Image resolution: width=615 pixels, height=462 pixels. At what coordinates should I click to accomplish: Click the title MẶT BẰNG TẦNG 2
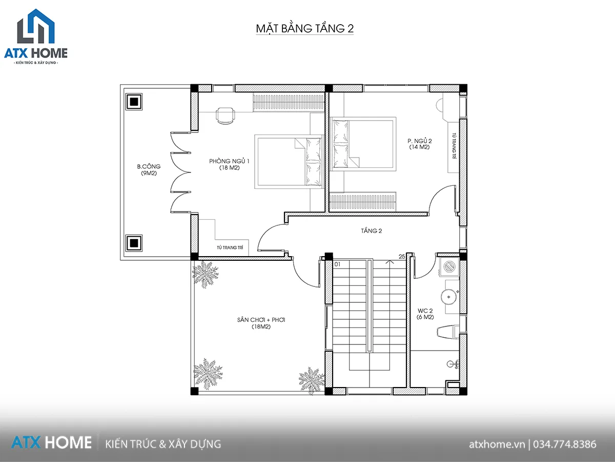pyautogui.click(x=305, y=29)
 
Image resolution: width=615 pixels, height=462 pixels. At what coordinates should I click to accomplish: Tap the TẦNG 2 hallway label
pyautogui.click(x=372, y=231)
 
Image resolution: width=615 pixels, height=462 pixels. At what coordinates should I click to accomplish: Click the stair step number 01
pyautogui.click(x=337, y=264)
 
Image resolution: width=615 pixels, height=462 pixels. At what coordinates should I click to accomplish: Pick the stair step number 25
pyautogui.click(x=402, y=256)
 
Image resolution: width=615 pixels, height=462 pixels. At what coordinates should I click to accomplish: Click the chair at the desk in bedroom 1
pyautogui.click(x=225, y=115)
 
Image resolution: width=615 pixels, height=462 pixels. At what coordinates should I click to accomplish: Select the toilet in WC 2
pyautogui.click(x=448, y=332)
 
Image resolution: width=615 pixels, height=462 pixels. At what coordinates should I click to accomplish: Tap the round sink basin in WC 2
pyautogui.click(x=449, y=297)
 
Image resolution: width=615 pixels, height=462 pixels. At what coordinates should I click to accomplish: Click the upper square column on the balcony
pyautogui.click(x=134, y=102)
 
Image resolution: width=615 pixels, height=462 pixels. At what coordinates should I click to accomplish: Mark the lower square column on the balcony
pyautogui.click(x=134, y=243)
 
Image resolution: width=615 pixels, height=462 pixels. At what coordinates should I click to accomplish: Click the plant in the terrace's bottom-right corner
pyautogui.click(x=311, y=380)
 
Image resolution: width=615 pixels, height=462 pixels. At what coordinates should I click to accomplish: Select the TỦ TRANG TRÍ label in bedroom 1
pyautogui.click(x=230, y=247)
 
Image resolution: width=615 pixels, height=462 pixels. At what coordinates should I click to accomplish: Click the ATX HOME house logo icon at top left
pyautogui.click(x=36, y=26)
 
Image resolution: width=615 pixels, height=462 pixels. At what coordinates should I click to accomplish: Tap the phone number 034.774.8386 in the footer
pyautogui.click(x=565, y=445)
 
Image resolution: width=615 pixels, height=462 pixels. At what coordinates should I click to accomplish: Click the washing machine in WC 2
pyautogui.click(x=449, y=266)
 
